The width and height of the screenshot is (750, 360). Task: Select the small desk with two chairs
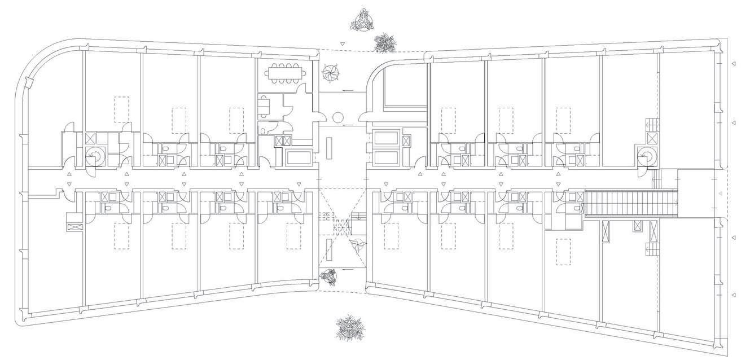(x=264, y=105)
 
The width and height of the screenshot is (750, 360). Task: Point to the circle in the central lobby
(x=339, y=117)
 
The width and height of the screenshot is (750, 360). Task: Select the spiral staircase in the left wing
(x=93, y=157)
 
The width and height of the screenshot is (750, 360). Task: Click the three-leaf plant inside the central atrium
(x=357, y=245)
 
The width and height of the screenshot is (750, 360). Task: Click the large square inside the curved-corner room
(x=405, y=91)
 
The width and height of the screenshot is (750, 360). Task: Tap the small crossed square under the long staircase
(x=638, y=226)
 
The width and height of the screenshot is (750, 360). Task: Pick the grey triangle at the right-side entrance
(x=720, y=194)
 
